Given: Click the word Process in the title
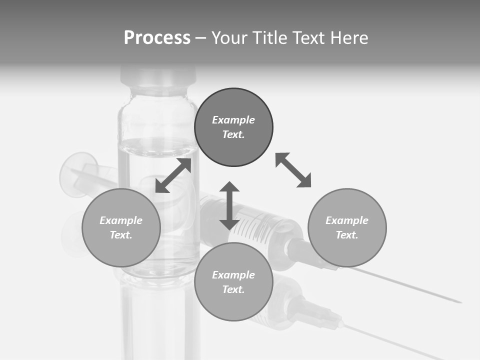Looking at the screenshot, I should (157, 38).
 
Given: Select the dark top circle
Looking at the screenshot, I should (233, 127).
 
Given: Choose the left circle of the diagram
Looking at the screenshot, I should (121, 227).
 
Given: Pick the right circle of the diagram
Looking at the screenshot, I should (347, 227).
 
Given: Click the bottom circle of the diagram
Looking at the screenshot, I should (233, 282).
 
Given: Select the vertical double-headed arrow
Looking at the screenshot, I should (229, 205).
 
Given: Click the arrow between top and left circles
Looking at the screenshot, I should (173, 175).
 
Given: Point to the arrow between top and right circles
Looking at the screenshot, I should (293, 170).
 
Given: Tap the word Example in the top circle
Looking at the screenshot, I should (233, 120).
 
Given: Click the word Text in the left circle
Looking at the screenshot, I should (121, 235).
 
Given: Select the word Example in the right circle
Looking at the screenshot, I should (347, 220).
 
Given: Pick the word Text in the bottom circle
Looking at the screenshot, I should (233, 289).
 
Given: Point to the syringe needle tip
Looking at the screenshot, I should (459, 301).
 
